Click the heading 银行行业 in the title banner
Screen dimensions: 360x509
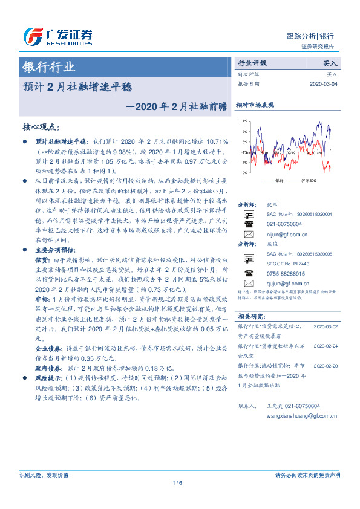click(x=49, y=67)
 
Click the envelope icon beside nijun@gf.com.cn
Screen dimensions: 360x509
click(x=247, y=233)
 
